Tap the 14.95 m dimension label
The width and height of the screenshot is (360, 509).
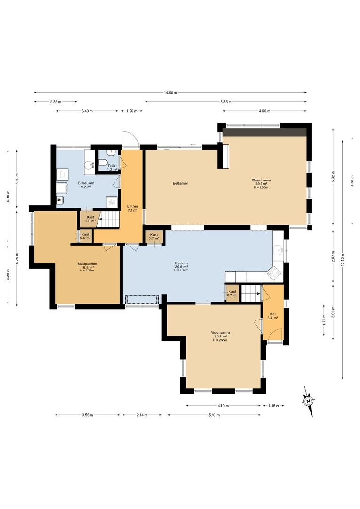point(171,93)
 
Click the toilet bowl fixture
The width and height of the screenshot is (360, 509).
point(103,162)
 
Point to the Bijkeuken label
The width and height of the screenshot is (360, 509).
point(86,183)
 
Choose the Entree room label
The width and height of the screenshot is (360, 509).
point(132,206)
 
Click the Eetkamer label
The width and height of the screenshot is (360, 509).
point(180,183)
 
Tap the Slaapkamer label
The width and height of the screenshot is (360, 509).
point(87,263)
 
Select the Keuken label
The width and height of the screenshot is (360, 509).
point(181,263)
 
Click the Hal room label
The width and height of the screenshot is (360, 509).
point(272,314)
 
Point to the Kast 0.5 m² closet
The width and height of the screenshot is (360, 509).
point(85,236)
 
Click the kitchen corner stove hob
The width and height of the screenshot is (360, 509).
point(273,272)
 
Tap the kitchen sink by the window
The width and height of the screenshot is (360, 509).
point(278,250)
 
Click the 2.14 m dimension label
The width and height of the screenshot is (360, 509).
point(142,415)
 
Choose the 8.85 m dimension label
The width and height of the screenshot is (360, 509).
point(226,102)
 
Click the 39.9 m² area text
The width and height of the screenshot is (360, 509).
point(262,183)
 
